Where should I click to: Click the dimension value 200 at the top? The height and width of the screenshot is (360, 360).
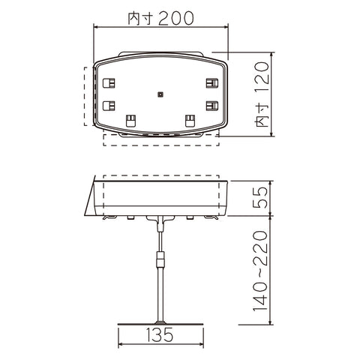tap(176, 18)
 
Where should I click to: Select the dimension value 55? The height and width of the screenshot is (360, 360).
tap(260, 197)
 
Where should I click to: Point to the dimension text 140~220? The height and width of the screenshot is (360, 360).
tap(260, 271)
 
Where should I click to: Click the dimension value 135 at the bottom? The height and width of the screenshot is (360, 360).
tap(160, 335)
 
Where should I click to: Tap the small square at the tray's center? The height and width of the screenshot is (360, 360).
tap(160, 94)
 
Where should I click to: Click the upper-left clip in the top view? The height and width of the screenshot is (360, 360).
tap(109, 83)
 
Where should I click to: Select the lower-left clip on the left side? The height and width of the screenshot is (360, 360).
tap(109, 106)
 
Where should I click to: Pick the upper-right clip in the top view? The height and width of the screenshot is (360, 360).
tap(212, 83)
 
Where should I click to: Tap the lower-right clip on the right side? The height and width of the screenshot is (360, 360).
tap(212, 106)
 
